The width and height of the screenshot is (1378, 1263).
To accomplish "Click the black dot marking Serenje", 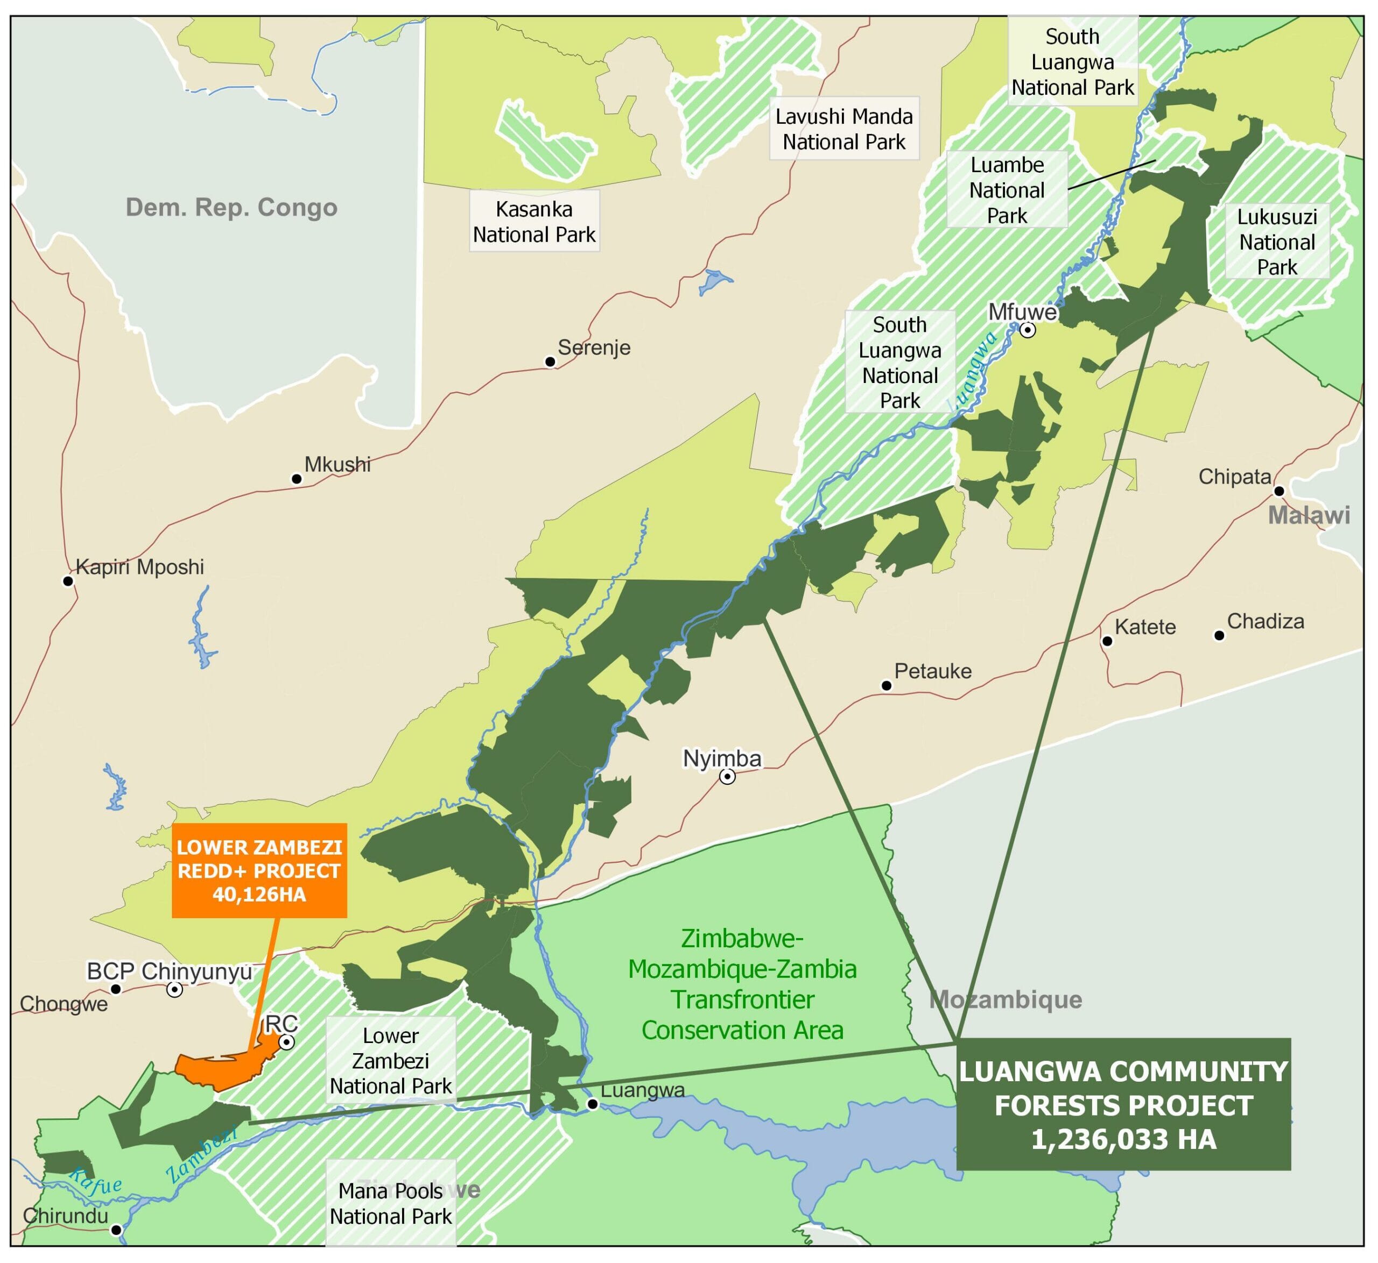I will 550,361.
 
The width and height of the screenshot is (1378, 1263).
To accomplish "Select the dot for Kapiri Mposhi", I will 68,581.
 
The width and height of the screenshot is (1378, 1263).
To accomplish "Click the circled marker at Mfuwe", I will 1028,330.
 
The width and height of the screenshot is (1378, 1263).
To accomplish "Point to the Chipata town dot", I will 1279,491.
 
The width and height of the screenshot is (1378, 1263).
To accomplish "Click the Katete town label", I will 1145,627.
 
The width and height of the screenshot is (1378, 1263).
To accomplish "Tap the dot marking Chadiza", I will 1219,636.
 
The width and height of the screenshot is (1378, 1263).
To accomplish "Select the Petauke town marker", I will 887,685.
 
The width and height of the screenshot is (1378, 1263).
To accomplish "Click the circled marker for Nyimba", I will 728,777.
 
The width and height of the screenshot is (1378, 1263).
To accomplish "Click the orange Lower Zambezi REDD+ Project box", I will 259,871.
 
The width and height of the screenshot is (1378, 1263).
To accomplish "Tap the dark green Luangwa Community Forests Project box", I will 1123,1105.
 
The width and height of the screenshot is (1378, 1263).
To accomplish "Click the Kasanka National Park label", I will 534,222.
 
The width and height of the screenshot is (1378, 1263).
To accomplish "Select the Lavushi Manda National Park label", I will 844,129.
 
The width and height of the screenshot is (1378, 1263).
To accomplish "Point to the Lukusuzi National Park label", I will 1277,242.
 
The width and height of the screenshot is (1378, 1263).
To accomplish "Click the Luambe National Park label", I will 1007,190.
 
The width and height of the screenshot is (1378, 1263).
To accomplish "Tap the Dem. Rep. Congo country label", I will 231,207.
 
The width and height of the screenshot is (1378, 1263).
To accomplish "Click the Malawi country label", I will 1309,515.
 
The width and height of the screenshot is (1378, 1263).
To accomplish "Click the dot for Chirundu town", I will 116,1230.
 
